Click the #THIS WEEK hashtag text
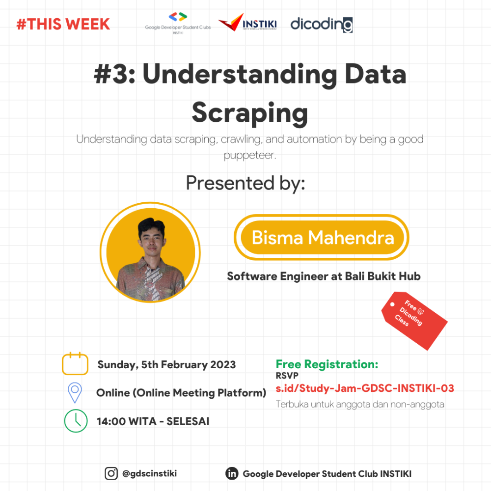point(63,24)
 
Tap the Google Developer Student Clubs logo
point(178,22)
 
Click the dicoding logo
point(321,24)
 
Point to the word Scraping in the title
point(249,113)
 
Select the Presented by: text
point(245,183)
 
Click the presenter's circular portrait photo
point(150,252)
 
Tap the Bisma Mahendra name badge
point(322,238)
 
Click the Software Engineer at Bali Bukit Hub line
point(324,276)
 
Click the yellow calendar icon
point(75,364)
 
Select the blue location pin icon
point(75,392)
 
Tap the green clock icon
point(76,421)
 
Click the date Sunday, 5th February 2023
point(166,365)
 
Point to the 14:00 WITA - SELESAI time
point(153,421)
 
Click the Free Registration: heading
point(327,364)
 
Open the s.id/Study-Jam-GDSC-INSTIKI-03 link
point(365,389)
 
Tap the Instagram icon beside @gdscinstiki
point(111,473)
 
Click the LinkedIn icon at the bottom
point(232,473)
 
